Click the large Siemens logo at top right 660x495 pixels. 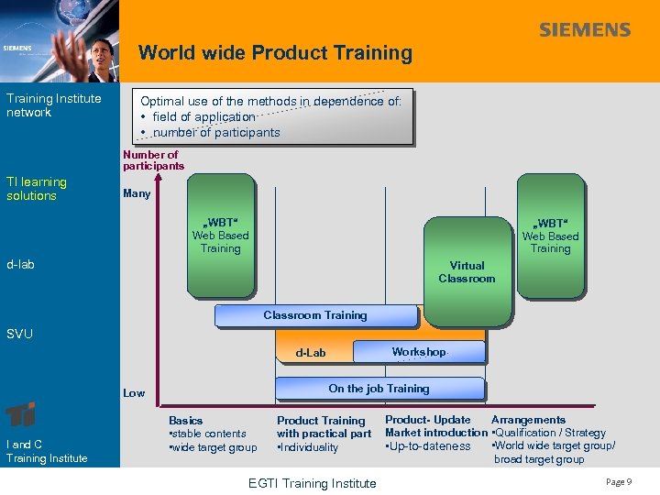585,30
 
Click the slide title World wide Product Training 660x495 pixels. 275,53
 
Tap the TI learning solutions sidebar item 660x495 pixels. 37,189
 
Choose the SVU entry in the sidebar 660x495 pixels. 19,334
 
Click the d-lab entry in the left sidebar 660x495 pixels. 20,265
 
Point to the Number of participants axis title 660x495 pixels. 153,160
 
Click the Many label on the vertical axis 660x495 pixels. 137,193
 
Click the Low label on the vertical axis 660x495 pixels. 134,393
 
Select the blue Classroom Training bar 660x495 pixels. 314,315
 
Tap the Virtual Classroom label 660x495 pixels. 466,272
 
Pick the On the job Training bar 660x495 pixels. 379,389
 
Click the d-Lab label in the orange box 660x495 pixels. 310,353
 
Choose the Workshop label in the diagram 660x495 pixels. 418,352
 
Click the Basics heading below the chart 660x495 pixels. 186,421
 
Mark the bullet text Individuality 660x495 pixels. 310,447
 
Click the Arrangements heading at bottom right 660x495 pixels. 528,420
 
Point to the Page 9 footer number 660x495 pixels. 618,482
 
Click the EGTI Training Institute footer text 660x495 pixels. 312,483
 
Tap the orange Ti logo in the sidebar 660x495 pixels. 20,414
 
